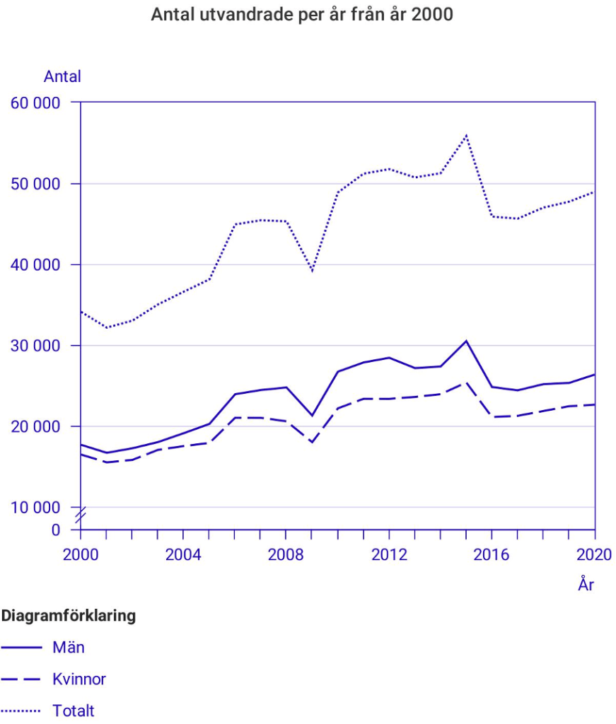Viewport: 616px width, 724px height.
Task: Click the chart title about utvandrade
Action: click(x=302, y=15)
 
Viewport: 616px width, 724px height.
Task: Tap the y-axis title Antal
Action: click(x=62, y=76)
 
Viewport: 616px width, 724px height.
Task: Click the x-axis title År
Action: click(x=586, y=585)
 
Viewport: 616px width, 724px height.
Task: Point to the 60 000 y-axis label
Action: click(x=35, y=103)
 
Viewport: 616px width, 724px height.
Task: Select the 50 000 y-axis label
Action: click(x=35, y=184)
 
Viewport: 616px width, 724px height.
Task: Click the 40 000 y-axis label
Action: click(x=35, y=264)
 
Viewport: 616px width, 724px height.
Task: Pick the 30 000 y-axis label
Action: click(x=35, y=346)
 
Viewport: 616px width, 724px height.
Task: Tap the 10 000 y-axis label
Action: click(x=35, y=508)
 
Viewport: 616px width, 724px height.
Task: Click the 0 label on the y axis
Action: click(x=57, y=530)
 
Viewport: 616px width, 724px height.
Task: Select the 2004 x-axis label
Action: click(x=183, y=554)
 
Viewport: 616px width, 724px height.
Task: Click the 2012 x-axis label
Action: click(x=389, y=554)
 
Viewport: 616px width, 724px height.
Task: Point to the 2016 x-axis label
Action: click(x=492, y=554)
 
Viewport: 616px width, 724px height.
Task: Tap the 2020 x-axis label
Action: click(x=594, y=554)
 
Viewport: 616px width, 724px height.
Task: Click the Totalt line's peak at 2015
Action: click(x=466, y=135)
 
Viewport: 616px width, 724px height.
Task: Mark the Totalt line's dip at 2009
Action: click(x=312, y=271)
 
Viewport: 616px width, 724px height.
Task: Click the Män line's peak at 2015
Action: click(x=466, y=341)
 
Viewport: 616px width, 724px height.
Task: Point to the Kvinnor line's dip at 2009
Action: click(x=312, y=443)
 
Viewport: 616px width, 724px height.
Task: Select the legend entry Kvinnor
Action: click(x=79, y=679)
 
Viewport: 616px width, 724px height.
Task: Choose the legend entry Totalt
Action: click(x=74, y=711)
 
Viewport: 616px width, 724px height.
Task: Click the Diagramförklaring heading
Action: click(x=69, y=616)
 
